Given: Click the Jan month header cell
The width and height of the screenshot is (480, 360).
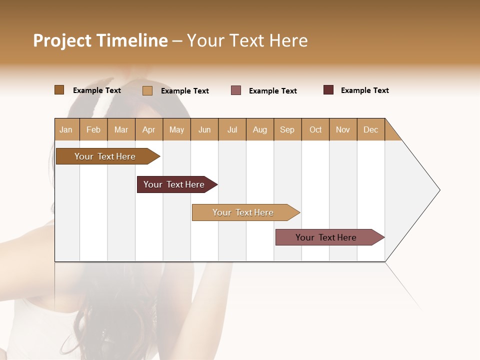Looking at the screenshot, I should pos(66,129).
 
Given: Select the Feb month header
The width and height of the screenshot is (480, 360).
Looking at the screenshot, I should pos(93,129).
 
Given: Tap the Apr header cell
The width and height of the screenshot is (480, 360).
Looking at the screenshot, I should pos(149,129).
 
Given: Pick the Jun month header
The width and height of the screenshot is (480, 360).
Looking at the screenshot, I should pos(204,129).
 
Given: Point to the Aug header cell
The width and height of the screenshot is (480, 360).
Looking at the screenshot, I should pos(260,129).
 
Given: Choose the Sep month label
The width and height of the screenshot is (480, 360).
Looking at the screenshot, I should pos(287,129).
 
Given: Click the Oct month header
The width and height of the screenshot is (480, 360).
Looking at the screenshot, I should pos(315,129).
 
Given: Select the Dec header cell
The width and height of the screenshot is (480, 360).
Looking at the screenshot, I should pos(371,129).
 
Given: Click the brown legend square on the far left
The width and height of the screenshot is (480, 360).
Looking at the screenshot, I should pos(59,90).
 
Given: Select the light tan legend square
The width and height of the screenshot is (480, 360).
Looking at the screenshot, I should pos(147,90).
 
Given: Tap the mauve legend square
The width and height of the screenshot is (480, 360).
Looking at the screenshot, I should pos(236,90).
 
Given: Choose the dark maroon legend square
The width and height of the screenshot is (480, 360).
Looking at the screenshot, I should pos(328,90).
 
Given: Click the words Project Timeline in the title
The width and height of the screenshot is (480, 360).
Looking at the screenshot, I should pos(100,40).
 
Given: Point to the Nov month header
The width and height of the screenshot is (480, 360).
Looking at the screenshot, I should pos(343,129).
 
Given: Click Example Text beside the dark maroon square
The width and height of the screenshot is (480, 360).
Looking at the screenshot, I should pos(364,90).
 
